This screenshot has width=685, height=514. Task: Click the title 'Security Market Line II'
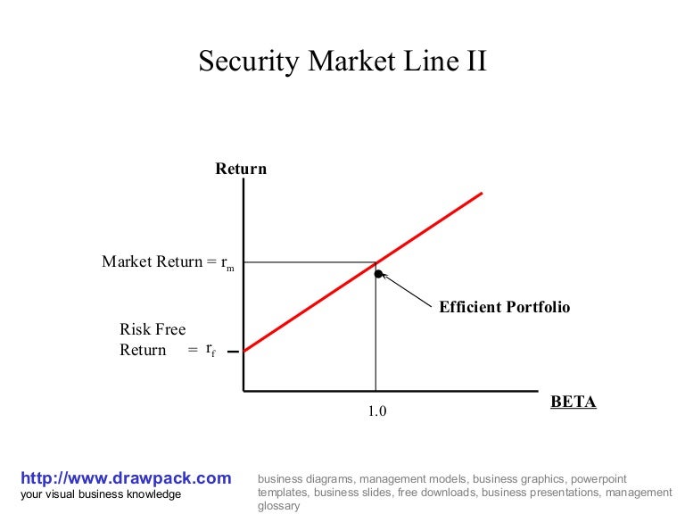(x=342, y=62)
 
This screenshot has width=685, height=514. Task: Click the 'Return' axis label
(x=241, y=169)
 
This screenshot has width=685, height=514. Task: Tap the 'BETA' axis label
(x=573, y=402)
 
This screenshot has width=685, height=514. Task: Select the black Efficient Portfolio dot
(x=378, y=274)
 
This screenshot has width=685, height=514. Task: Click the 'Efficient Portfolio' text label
(x=504, y=307)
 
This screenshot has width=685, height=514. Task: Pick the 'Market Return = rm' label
(x=168, y=262)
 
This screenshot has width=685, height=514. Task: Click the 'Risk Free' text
(x=153, y=329)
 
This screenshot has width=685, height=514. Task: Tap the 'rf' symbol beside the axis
(x=210, y=350)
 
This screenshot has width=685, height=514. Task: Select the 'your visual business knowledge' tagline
(x=100, y=494)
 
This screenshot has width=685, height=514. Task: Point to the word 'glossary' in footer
(x=278, y=505)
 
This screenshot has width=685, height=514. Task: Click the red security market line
(x=428, y=228)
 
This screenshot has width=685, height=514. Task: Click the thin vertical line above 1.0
(x=376, y=339)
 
